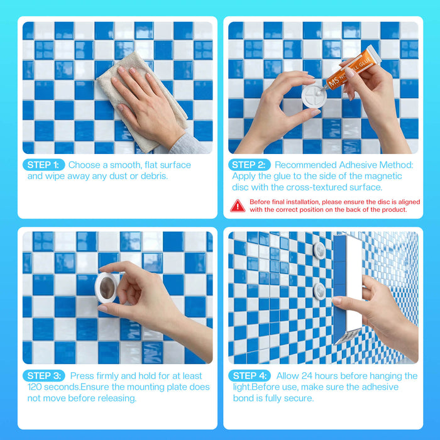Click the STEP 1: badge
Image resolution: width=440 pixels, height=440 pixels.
44,165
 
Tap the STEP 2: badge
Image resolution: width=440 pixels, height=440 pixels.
250,165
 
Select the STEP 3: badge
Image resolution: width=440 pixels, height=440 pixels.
44,376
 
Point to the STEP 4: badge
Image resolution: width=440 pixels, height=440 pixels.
250,376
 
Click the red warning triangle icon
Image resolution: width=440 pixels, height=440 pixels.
238,206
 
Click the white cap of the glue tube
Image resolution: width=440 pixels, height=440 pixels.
373,55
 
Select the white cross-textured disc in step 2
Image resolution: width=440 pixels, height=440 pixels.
314,96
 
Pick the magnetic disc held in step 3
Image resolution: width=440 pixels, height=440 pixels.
106,287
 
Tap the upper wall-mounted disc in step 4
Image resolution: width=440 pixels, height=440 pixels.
319,250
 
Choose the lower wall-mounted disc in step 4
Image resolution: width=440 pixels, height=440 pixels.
319,291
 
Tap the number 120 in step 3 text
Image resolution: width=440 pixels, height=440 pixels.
35,387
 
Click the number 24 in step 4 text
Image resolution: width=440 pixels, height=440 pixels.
307,376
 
